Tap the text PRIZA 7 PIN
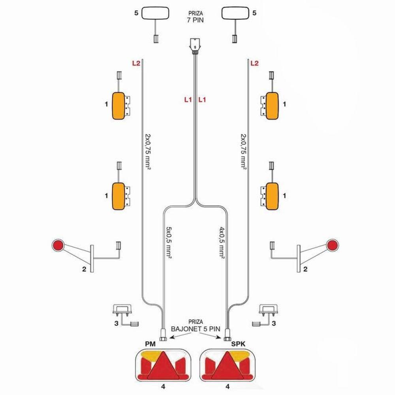click(x=196, y=17)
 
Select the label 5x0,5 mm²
click(x=169, y=243)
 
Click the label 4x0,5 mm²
click(x=222, y=243)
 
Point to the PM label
click(x=150, y=344)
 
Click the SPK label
click(x=238, y=344)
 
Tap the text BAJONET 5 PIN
click(x=196, y=329)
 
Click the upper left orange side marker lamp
click(x=118, y=106)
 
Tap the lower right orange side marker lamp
click(x=272, y=196)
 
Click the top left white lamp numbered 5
click(x=155, y=13)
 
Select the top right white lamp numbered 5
click(x=235, y=13)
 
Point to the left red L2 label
click(x=136, y=63)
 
